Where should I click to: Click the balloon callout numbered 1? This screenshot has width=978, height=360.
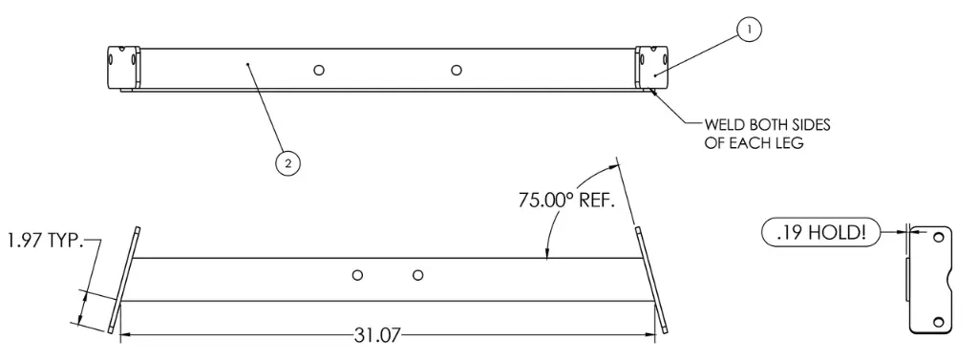(750, 31)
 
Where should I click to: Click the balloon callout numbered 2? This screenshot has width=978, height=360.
(286, 163)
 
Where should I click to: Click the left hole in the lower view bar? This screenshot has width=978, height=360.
(357, 275)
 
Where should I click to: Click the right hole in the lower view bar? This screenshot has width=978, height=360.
(417, 275)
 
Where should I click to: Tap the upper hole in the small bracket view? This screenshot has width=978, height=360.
(938, 236)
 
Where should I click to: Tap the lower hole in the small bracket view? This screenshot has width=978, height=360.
(938, 321)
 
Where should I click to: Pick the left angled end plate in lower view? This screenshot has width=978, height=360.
(126, 279)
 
